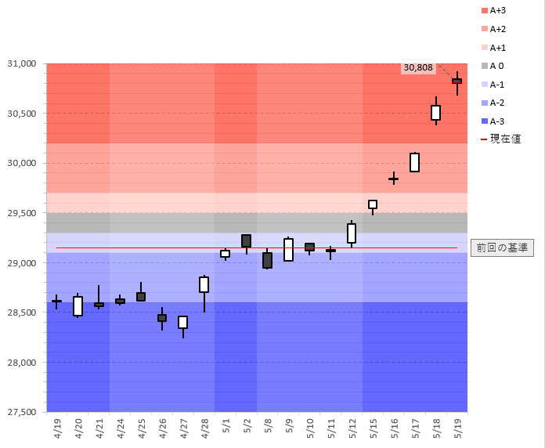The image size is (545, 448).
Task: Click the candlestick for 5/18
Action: pos(435,113)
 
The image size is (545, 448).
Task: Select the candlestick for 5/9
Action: pos(288,250)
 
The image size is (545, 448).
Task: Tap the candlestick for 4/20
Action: pos(78,305)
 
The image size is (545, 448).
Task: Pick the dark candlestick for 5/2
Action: pos(246,241)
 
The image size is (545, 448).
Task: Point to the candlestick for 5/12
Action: pos(352,233)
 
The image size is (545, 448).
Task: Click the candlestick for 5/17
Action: pos(414,162)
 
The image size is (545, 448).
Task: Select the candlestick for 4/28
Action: pos(204,284)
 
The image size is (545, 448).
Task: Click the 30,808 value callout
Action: pos(418,67)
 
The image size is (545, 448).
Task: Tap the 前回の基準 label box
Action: pos(502,247)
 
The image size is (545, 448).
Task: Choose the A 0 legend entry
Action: pos(496,66)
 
